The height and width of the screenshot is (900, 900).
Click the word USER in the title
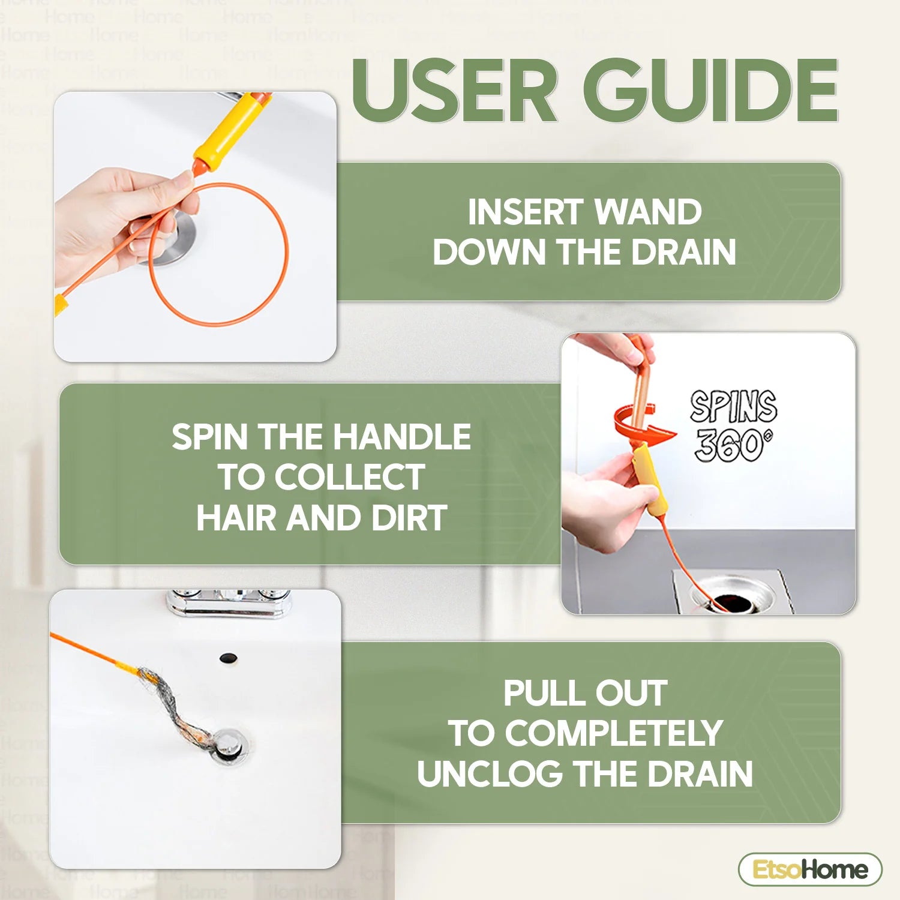[x=455, y=92]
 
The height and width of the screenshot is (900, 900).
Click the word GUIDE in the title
[x=710, y=92]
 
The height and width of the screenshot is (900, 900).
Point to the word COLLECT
[x=350, y=477]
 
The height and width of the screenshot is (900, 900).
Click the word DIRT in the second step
[x=409, y=518]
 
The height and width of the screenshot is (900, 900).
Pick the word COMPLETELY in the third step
[x=613, y=733]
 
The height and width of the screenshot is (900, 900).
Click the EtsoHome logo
[x=810, y=869]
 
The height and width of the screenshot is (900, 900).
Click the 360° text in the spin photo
[x=733, y=445]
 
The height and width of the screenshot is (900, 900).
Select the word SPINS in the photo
[x=733, y=407]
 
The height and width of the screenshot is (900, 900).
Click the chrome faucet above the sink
[x=228, y=603]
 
